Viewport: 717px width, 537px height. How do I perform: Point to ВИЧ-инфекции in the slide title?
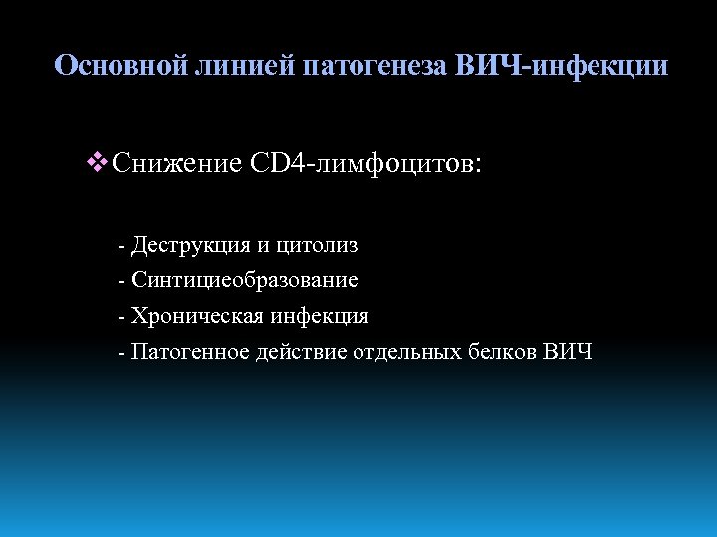[x=562, y=67]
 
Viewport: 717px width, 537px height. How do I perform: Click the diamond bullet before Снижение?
[x=98, y=162]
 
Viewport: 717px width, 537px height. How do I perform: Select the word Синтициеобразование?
[x=245, y=280]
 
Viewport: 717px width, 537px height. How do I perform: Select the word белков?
[x=502, y=352]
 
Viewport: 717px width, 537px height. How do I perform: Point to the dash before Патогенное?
[x=120, y=353]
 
